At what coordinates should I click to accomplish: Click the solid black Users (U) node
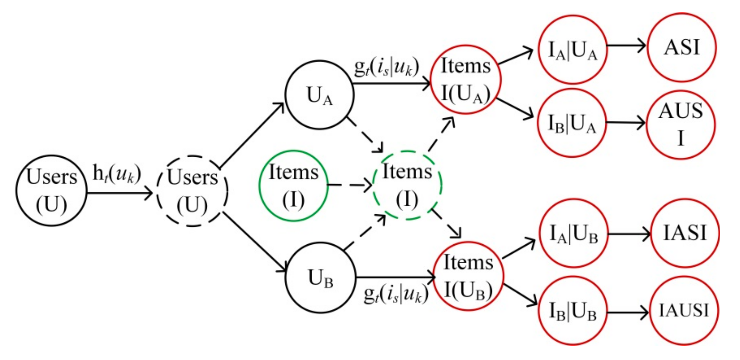pyautogui.click(x=51, y=190)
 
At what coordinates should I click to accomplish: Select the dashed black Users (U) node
pyautogui.click(x=192, y=191)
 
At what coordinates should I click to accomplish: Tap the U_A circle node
pyautogui.click(x=320, y=95)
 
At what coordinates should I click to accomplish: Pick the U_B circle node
pyautogui.click(x=321, y=278)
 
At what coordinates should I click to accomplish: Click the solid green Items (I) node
pyautogui.click(x=293, y=186)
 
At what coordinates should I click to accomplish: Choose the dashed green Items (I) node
pyautogui.click(x=407, y=185)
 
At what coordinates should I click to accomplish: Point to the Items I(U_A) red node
pyautogui.click(x=466, y=80)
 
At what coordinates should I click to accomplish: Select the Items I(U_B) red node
pyautogui.click(x=468, y=276)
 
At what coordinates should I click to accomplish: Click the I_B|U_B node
pyautogui.click(x=573, y=311)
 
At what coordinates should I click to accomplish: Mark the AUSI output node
pyautogui.click(x=680, y=125)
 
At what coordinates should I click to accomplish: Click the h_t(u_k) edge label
pyautogui.click(x=117, y=174)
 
